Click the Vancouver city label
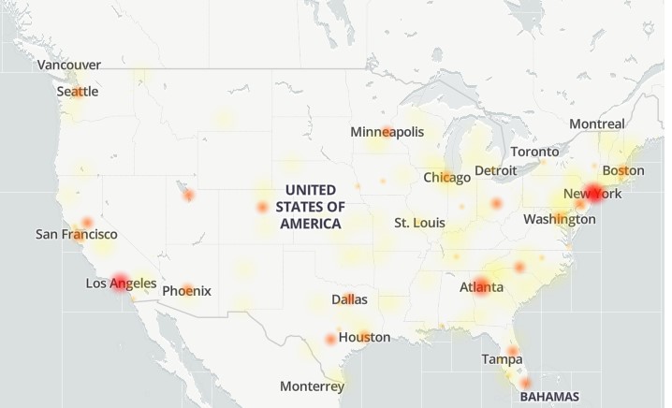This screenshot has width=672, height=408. click(69, 65)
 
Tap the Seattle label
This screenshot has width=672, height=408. click(78, 92)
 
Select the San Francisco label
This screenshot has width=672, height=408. click(77, 234)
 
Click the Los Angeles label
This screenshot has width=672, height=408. click(122, 283)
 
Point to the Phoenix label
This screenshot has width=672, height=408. click(186, 291)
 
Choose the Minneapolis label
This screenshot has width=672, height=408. click(387, 132)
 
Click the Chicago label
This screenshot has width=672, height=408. click(447, 177)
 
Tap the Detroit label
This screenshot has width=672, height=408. click(496, 170)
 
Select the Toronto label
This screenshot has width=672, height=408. click(535, 152)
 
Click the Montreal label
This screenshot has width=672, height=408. click(597, 124)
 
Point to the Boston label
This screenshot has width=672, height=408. click(623, 170)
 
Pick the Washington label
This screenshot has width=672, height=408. click(560, 219)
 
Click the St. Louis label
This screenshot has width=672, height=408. click(418, 223)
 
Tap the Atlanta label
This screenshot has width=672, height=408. click(481, 287)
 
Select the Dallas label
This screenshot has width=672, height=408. click(349, 299)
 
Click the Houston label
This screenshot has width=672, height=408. click(365, 337)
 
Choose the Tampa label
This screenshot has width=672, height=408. click(503, 359)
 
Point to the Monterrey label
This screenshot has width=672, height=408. click(312, 386)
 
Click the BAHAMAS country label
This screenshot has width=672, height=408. click(549, 396)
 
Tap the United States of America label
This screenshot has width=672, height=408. click(312, 207)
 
